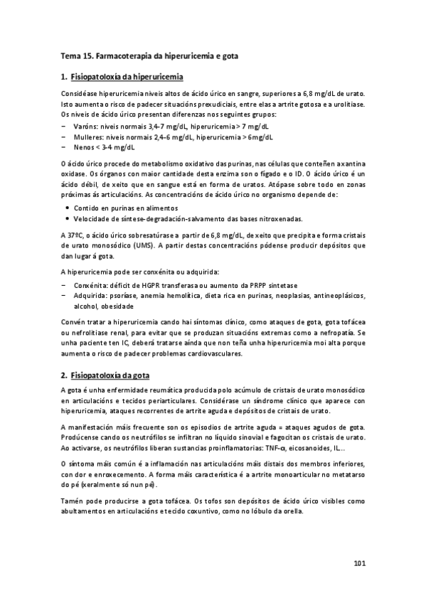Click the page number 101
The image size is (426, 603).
click(x=359, y=565)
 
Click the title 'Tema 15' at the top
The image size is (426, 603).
click(x=77, y=54)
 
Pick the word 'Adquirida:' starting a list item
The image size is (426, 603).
click(x=92, y=296)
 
